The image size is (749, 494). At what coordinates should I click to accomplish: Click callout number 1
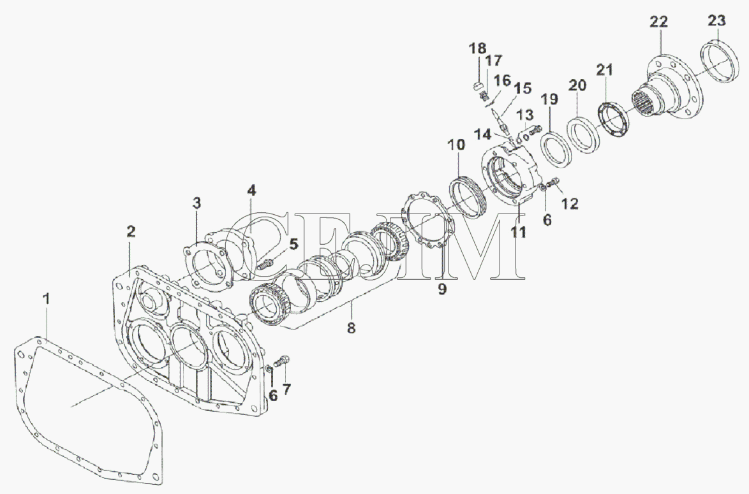[47, 299]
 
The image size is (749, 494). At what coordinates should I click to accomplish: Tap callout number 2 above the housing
[130, 231]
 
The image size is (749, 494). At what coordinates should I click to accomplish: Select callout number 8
[351, 328]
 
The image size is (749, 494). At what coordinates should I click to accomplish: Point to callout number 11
[518, 232]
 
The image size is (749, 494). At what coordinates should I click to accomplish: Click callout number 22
[658, 22]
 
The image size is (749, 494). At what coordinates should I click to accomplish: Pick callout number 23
[716, 20]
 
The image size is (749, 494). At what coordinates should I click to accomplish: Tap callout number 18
[477, 48]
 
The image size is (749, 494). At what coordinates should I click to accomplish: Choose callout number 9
[442, 289]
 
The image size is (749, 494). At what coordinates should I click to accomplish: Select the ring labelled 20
[581, 134]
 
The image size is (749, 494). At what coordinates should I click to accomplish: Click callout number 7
[286, 389]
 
